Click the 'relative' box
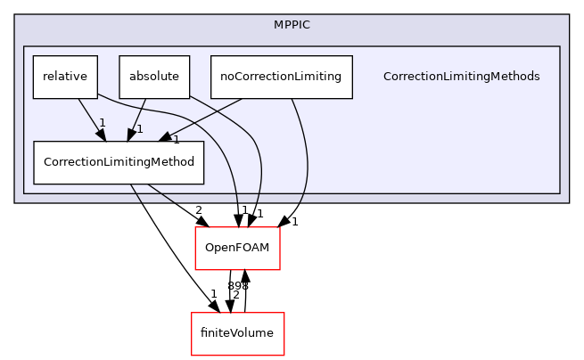(x=65, y=77)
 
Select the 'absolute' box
(x=154, y=77)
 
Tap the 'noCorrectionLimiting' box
(x=281, y=77)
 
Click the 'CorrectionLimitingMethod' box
(x=119, y=162)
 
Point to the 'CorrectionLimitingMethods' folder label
(x=461, y=77)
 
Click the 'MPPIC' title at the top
(x=292, y=24)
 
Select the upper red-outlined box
(x=238, y=249)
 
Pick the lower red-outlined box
(x=238, y=334)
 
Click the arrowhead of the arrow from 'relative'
(x=103, y=136)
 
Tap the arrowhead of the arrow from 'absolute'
(x=132, y=135)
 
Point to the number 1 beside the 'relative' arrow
(x=103, y=122)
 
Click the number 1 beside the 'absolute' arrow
(x=140, y=129)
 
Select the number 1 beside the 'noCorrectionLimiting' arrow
(x=177, y=139)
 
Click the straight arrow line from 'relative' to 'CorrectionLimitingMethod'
(x=89, y=116)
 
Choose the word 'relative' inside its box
(x=65, y=77)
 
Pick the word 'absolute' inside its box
(x=154, y=77)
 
